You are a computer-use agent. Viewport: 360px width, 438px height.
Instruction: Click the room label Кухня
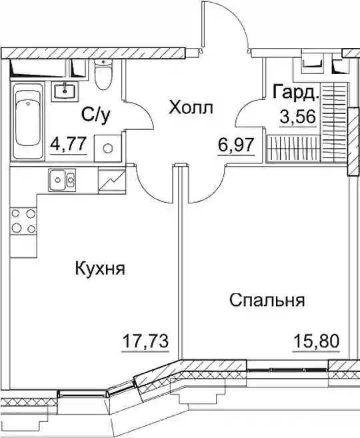click(100, 269)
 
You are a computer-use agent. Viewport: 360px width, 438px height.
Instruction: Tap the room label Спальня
click(267, 300)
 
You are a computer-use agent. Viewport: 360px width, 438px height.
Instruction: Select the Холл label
click(191, 107)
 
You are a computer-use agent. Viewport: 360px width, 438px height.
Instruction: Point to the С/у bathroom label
click(96, 115)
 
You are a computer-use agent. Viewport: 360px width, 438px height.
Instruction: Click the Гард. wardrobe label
click(296, 92)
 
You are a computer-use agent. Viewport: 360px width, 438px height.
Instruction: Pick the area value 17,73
click(145, 341)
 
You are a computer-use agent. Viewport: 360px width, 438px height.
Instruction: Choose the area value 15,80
click(316, 341)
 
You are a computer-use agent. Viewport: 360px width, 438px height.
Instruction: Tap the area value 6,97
click(236, 145)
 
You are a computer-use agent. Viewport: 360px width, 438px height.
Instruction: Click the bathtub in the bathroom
click(27, 121)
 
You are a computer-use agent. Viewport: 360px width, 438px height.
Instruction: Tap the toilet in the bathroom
click(103, 74)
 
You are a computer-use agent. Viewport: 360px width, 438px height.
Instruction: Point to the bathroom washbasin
click(64, 91)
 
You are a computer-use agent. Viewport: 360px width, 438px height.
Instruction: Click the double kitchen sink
click(62, 179)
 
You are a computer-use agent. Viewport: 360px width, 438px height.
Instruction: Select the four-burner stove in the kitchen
click(24, 221)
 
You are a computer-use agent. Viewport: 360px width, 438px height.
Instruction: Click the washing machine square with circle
click(108, 148)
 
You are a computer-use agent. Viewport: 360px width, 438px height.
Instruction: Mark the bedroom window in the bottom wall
click(287, 369)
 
